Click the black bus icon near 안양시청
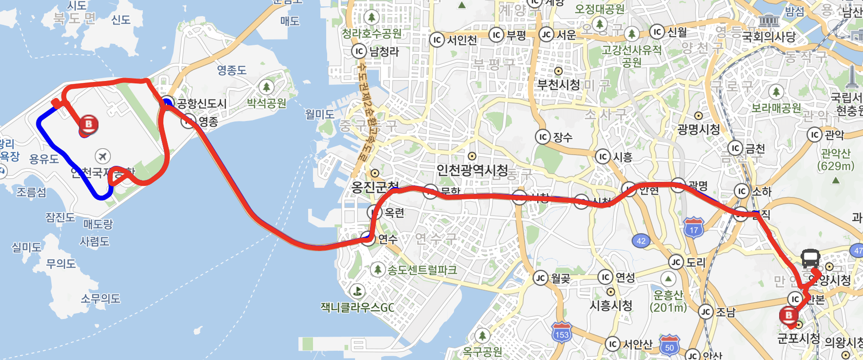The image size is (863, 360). [x=810, y=259]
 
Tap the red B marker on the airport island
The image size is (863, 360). [x=89, y=125]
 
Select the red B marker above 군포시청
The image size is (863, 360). [x=789, y=316]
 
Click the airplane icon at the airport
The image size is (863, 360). [x=102, y=156]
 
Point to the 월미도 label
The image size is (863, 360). [x=320, y=114]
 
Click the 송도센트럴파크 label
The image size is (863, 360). [x=422, y=270]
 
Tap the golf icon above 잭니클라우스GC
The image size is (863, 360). [x=358, y=291]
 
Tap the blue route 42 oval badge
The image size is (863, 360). [x=641, y=241]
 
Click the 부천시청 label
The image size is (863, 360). [x=559, y=85]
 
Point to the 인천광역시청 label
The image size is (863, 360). [x=472, y=170]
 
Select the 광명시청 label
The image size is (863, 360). [x=699, y=129]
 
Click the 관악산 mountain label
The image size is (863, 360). [x=836, y=153]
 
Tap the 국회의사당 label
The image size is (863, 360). [x=769, y=36]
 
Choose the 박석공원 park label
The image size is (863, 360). [x=266, y=103]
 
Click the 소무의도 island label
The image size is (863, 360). [x=100, y=298]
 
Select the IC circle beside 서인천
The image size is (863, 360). [x=436, y=40]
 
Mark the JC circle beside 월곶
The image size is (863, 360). [x=540, y=278]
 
